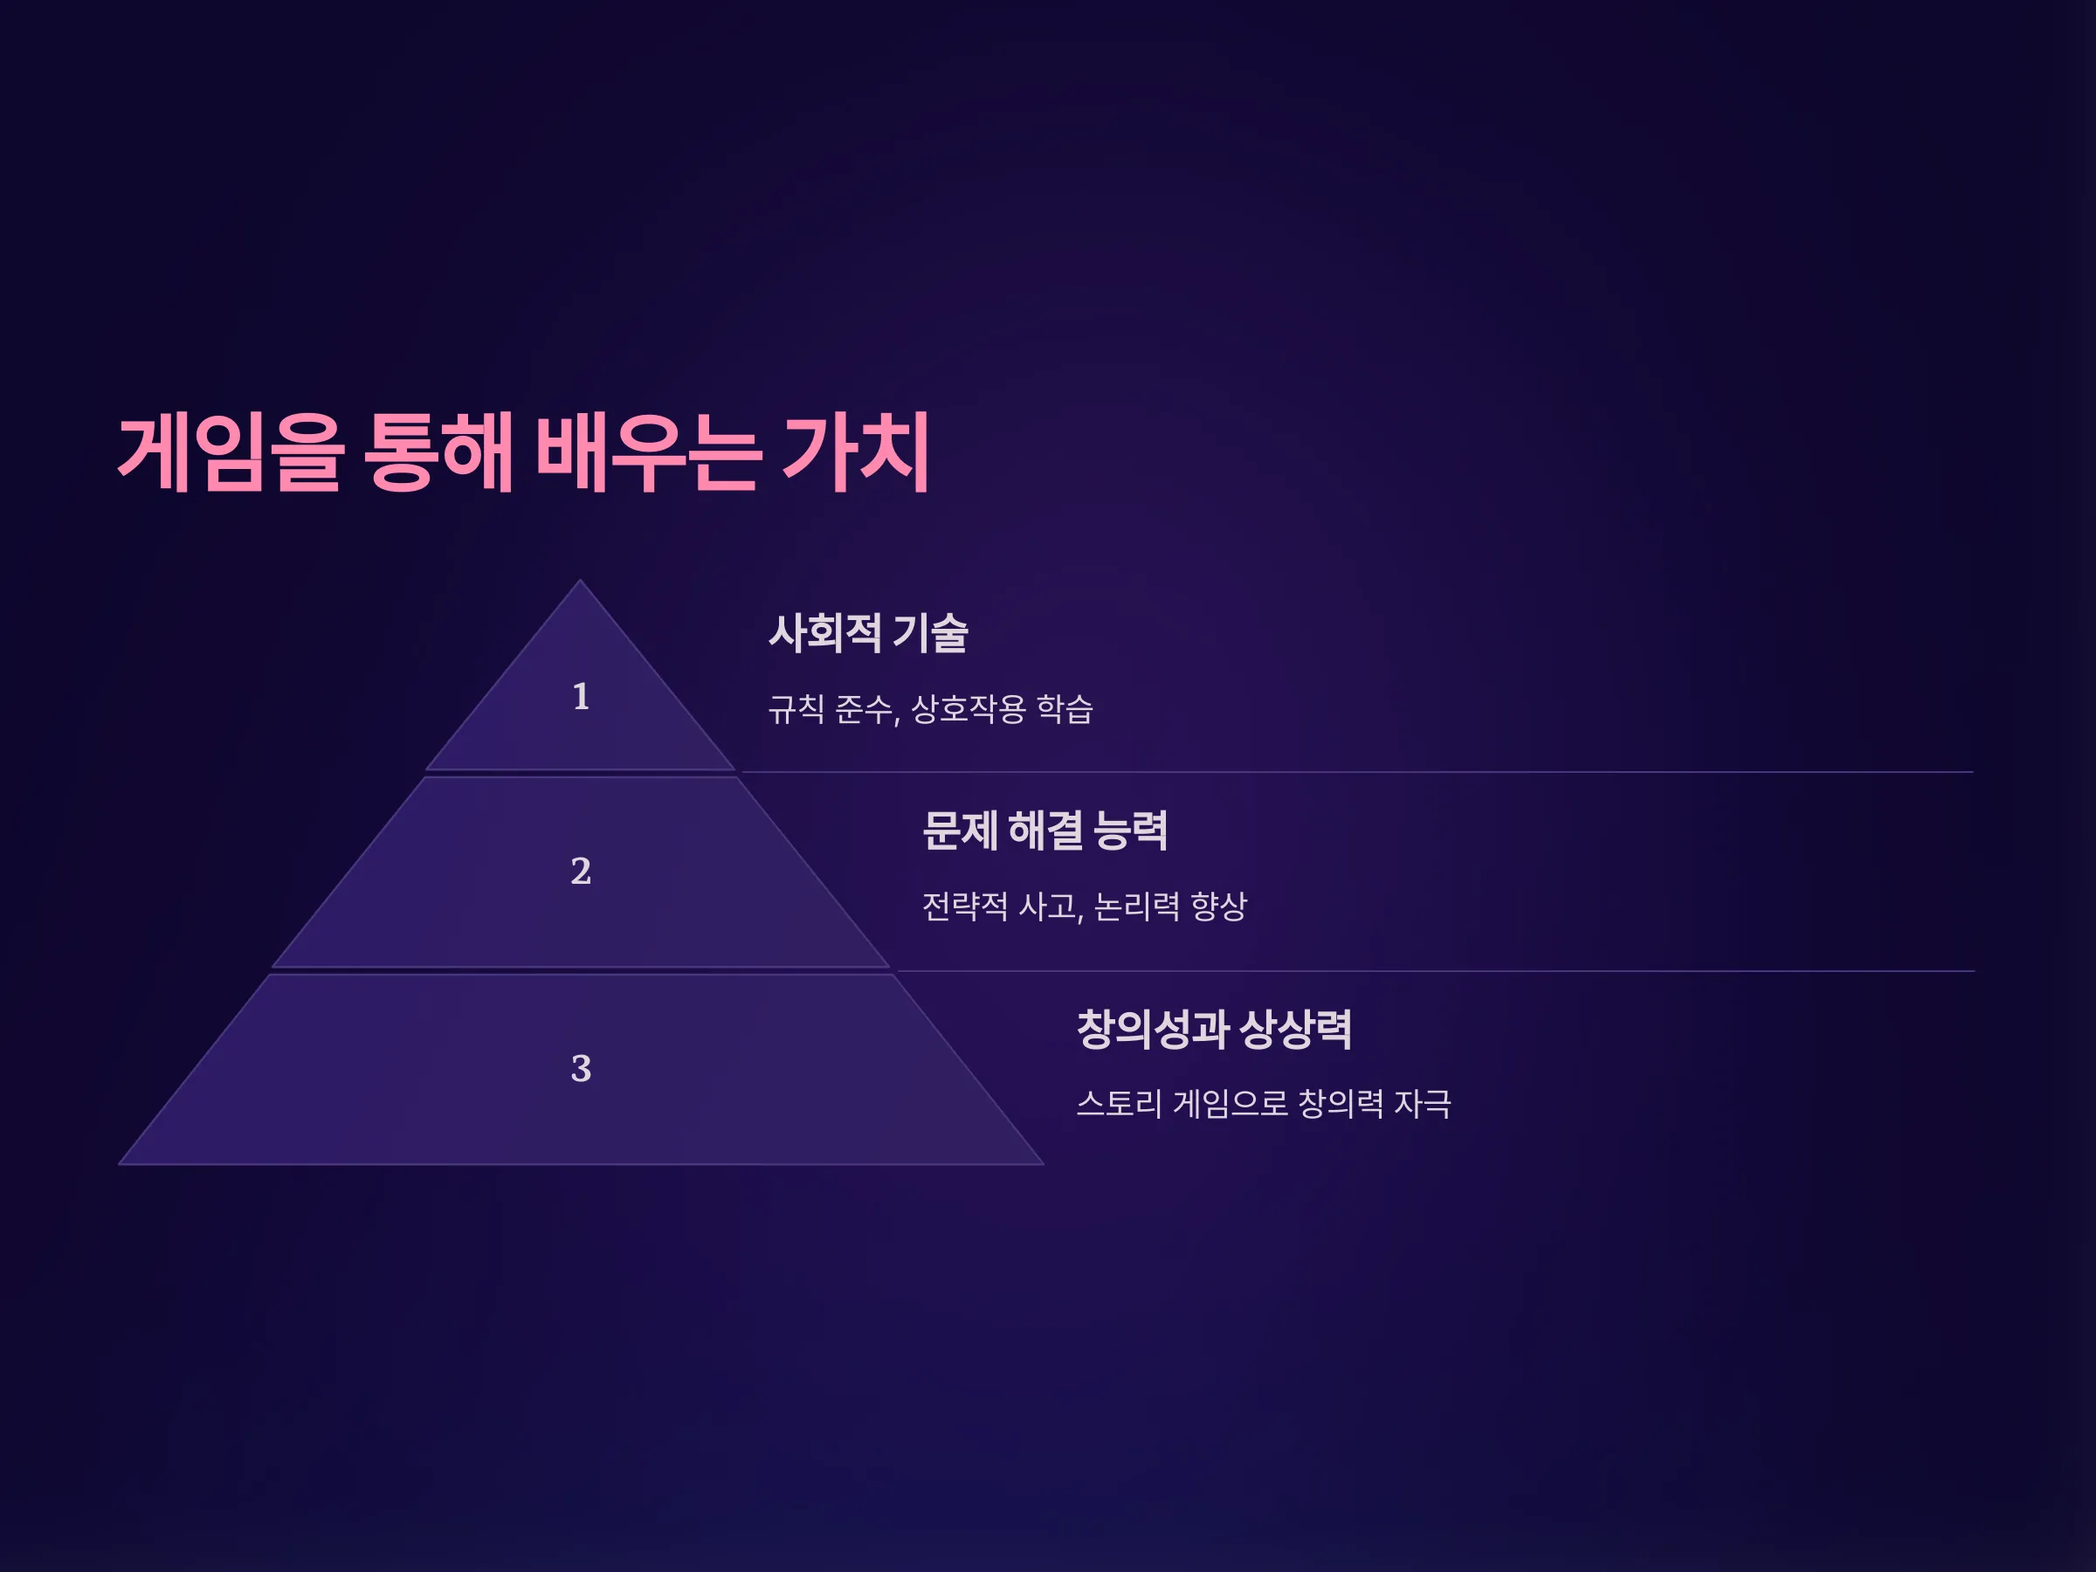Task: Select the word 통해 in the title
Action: click(x=438, y=453)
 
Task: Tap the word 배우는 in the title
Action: click(x=648, y=453)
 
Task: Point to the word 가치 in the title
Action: click(x=856, y=453)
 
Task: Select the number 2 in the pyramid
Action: click(x=581, y=872)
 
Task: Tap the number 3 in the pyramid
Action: click(x=581, y=1069)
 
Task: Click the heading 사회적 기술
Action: click(x=868, y=633)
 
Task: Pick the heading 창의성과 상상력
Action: click(x=1215, y=1030)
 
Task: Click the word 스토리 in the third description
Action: click(x=1119, y=1104)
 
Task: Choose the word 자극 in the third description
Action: click(x=1424, y=1104)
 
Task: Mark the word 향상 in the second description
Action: click(x=1219, y=907)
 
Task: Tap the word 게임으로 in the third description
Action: click(x=1231, y=1104)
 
